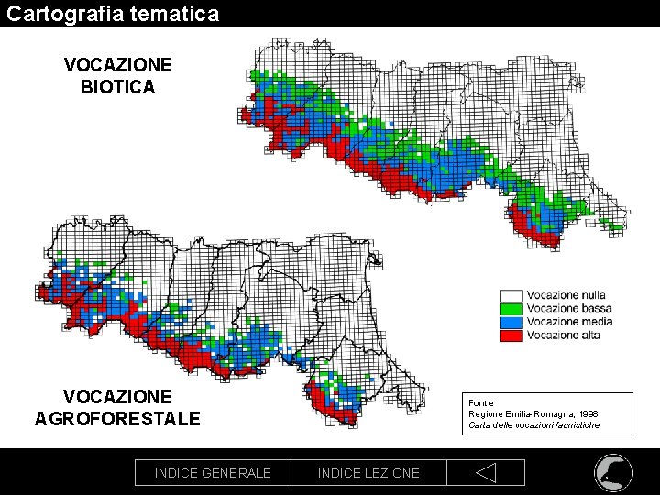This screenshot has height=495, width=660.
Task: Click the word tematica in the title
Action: tap(174, 14)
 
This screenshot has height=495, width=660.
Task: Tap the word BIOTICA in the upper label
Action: tap(117, 88)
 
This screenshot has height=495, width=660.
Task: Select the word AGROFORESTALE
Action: tap(117, 419)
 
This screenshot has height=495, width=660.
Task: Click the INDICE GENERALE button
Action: tap(213, 473)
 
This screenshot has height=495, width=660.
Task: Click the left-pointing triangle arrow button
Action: tap(486, 473)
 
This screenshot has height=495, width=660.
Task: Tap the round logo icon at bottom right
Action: tap(612, 472)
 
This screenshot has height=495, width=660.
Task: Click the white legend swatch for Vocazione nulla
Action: tap(511, 295)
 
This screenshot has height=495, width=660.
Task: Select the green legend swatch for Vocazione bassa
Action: tap(511, 309)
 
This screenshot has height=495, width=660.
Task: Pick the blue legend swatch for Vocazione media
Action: tap(511, 322)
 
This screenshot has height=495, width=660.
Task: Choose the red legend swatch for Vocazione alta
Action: tap(511, 335)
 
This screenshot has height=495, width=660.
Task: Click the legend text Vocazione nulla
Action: tap(566, 295)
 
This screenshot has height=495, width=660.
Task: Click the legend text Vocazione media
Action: tap(568, 322)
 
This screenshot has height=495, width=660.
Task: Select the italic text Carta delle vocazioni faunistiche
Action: tap(533, 425)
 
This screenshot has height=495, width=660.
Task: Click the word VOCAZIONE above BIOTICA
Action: tap(117, 65)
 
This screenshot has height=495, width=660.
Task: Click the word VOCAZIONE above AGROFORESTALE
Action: tap(117, 397)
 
